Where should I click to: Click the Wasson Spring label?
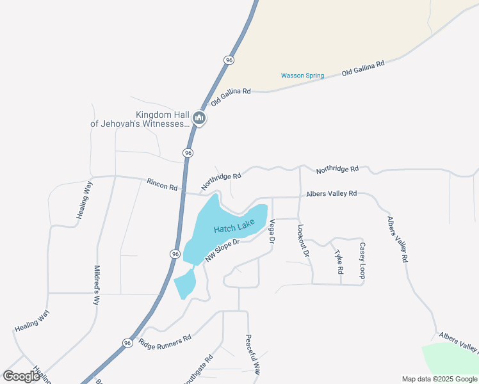302,76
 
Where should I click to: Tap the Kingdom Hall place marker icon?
199,118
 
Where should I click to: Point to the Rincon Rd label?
161,184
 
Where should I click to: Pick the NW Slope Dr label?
222,250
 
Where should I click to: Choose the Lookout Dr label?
304,240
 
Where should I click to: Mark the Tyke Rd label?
339,262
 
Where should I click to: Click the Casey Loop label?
362,260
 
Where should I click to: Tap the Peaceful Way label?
254,355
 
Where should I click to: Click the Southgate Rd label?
198,370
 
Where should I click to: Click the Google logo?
21,376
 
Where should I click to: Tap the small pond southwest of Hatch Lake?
185,284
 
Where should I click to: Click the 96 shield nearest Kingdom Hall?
188,153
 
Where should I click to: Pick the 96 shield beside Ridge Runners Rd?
127,343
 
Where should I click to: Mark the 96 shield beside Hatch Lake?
175,254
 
